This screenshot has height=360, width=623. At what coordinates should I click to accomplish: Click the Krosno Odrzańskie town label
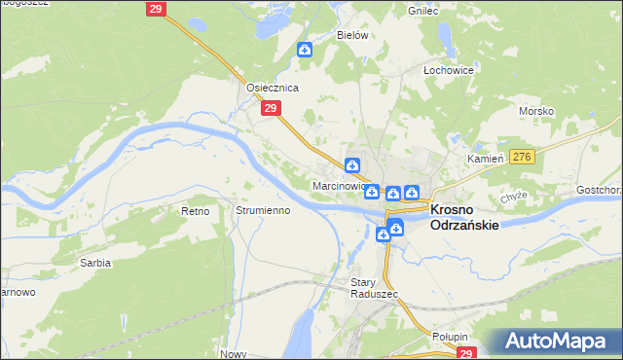coord(464,216)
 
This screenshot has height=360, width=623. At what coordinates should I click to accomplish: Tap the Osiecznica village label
coord(272,87)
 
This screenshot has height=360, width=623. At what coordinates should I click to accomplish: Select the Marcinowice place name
coord(339,185)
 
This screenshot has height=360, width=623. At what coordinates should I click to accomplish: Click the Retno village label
coord(196,210)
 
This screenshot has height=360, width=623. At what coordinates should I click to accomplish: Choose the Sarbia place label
coord(95,263)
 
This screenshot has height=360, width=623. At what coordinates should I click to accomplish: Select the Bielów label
coord(352,35)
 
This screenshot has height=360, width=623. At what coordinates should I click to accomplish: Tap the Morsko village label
coord(536,110)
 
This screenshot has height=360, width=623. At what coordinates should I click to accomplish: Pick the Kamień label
coord(484,158)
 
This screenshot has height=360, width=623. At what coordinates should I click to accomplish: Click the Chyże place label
coord(513,196)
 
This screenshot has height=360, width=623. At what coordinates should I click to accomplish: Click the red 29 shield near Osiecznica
coord(272,110)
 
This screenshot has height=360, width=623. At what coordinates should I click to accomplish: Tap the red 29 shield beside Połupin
coord(468,354)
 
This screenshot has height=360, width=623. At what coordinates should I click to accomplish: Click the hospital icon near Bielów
coord(306,50)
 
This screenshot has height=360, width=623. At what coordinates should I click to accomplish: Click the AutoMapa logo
coord(553,342)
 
